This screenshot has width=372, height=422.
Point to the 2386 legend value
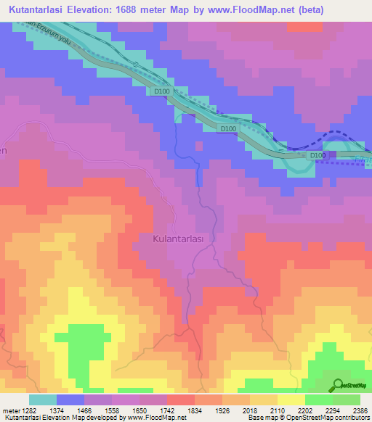(x=361, y=410)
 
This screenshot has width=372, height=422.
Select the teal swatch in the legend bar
(x=43, y=400)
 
